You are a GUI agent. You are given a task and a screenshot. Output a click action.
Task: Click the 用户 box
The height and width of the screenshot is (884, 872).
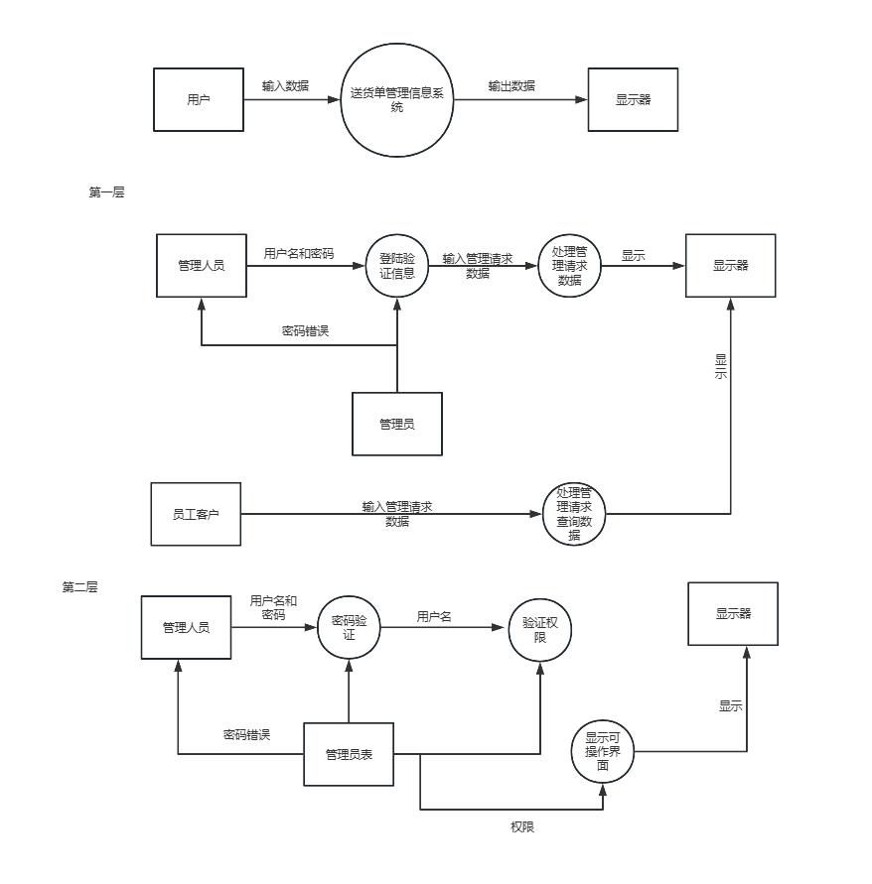(x=199, y=100)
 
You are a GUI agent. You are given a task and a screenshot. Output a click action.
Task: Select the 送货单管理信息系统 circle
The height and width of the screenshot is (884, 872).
(x=397, y=100)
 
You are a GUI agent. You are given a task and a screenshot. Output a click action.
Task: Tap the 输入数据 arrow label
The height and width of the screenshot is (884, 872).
(x=285, y=85)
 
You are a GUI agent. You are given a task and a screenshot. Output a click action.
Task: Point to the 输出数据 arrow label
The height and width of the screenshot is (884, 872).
(x=511, y=85)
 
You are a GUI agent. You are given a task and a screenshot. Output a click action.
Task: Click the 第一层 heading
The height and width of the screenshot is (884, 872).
(x=106, y=192)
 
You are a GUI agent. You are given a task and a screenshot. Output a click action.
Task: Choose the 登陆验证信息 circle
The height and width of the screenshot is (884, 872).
(x=397, y=266)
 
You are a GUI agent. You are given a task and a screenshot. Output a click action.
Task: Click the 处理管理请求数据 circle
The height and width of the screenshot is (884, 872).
(x=569, y=266)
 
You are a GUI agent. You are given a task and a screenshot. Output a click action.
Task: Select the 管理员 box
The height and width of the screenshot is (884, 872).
(x=397, y=424)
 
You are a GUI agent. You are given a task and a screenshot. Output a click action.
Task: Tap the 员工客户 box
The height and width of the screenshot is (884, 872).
(x=196, y=514)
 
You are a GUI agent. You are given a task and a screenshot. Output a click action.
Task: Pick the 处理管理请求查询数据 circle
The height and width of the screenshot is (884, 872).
(x=574, y=514)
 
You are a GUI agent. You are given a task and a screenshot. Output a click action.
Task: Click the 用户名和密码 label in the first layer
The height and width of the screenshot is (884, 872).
(x=299, y=254)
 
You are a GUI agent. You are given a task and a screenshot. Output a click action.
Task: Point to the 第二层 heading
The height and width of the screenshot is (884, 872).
(x=79, y=587)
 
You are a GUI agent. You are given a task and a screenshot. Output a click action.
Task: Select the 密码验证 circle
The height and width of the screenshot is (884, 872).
(x=349, y=627)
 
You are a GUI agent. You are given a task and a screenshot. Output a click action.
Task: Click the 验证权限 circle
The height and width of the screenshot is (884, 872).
(x=540, y=630)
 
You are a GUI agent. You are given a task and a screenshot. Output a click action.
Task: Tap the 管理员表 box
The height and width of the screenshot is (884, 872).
(x=349, y=754)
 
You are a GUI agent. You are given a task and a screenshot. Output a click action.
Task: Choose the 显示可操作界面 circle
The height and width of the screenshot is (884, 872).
(x=603, y=751)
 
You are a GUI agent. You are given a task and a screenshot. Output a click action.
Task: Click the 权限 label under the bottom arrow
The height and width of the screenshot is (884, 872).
(x=522, y=827)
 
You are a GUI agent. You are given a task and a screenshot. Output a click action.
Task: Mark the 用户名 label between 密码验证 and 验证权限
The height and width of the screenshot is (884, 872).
(x=434, y=617)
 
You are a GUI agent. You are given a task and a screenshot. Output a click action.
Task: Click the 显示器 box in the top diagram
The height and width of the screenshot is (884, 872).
(x=633, y=100)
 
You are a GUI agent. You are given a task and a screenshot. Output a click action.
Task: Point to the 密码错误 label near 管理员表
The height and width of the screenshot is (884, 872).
(x=246, y=734)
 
